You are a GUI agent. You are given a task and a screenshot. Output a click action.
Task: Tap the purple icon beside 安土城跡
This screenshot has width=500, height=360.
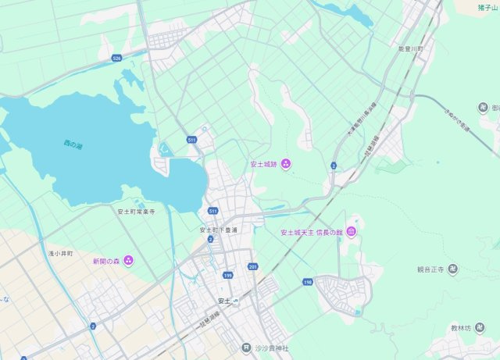click(x=286, y=163)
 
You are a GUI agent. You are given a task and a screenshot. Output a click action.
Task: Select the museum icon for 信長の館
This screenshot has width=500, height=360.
click(x=352, y=232)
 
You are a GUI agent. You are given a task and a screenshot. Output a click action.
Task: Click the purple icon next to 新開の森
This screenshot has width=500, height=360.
click(x=128, y=260)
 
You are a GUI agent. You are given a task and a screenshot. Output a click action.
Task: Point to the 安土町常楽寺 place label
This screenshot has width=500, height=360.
click(x=137, y=211)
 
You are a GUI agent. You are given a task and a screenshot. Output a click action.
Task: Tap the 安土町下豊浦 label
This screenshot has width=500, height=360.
click(x=218, y=230)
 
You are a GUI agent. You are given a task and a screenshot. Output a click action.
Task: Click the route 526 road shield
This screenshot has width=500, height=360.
click(x=116, y=58)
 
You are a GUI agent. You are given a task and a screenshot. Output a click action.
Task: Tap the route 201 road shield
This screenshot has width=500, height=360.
click(x=252, y=267)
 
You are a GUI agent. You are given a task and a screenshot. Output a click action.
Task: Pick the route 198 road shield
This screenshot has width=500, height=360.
click(x=308, y=282)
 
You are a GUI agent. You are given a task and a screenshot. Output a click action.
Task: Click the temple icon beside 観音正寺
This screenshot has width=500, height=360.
click(x=452, y=269)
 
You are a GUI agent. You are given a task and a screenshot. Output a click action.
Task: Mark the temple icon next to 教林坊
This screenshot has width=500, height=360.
click(x=484, y=328)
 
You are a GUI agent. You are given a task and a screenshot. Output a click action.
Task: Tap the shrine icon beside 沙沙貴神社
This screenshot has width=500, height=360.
click(x=245, y=348)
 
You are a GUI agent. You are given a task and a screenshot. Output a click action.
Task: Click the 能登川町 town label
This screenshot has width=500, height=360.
click(x=410, y=48)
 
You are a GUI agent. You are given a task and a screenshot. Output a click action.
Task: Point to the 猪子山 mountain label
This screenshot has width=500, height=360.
click(x=488, y=7)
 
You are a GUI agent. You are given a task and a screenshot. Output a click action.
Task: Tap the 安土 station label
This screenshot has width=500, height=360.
click(x=224, y=301)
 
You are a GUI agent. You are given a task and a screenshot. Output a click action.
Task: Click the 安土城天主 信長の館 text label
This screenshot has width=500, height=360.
click(x=312, y=232)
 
